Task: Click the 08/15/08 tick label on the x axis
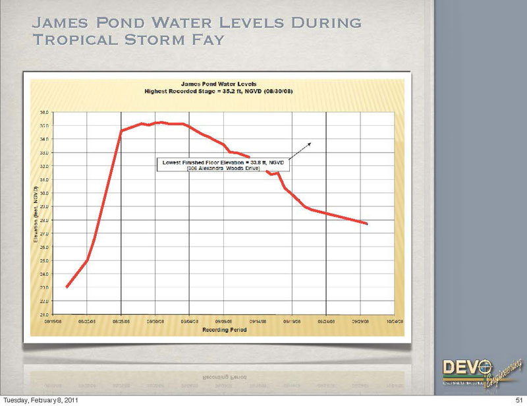pos(54,321)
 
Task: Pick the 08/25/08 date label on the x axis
pos(122,321)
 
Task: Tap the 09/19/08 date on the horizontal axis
pos(292,321)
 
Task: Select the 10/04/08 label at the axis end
pos(395,321)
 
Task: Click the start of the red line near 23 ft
pos(67,287)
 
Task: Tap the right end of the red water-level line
pos(366,224)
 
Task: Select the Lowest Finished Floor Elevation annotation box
pos(222,164)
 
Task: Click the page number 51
pos(518,400)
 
